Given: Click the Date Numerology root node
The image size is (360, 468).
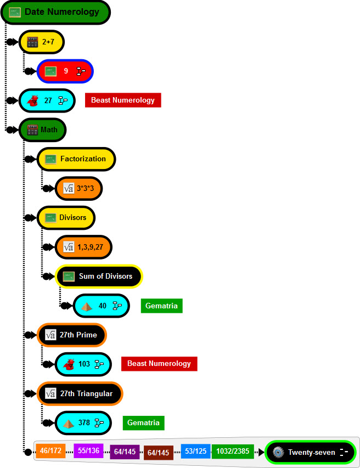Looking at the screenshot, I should (x=56, y=12).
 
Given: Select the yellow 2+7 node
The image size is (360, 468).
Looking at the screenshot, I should (x=42, y=41).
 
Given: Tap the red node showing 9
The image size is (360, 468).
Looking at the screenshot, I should (x=65, y=71).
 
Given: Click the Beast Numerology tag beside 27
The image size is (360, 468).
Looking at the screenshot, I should (x=122, y=100).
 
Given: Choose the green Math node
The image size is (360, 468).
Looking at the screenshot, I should (x=42, y=130).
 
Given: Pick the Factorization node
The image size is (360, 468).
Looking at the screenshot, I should (x=76, y=159).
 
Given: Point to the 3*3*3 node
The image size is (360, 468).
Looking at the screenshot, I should (x=78, y=188).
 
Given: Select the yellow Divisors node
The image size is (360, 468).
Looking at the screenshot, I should (x=66, y=218).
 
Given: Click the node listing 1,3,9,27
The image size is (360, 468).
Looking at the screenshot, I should (x=83, y=247).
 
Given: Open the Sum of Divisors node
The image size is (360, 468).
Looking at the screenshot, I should (x=99, y=277).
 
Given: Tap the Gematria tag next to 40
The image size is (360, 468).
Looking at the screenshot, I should (x=161, y=306).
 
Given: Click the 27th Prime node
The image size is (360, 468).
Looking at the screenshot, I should (x=71, y=335).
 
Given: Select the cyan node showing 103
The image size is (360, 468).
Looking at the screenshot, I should (x=83, y=364).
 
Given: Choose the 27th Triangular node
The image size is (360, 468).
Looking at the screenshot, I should (x=80, y=393).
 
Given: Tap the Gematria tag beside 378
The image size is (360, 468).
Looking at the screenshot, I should (x=143, y=422).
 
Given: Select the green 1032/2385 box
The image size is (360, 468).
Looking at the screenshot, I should (x=233, y=452).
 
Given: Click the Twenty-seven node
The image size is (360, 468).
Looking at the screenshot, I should (x=311, y=453).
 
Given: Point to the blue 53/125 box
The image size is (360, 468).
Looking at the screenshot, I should (x=195, y=452).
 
